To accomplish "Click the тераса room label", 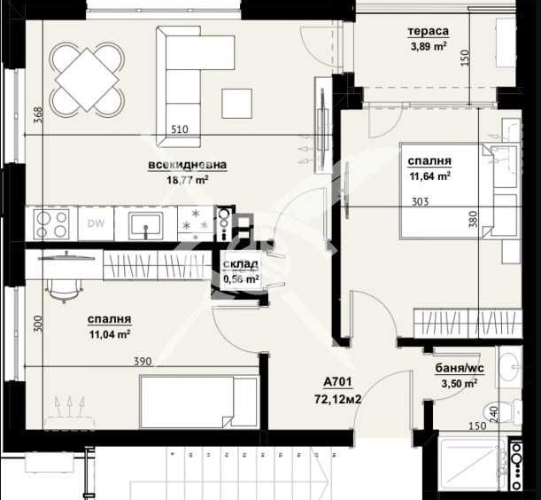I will (x=428, y=32).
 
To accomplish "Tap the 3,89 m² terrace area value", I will (x=428, y=47).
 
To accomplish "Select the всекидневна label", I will (x=188, y=165).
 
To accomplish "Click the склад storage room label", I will (x=240, y=264).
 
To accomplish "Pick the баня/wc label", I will (x=457, y=370).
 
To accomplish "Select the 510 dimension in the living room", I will (x=179, y=129).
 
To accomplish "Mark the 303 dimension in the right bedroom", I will (x=421, y=202).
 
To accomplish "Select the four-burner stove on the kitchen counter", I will (x=51, y=224).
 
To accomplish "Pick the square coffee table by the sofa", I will (x=236, y=103).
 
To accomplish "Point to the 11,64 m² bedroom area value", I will (x=429, y=176).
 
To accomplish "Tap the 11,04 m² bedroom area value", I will (x=110, y=334).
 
